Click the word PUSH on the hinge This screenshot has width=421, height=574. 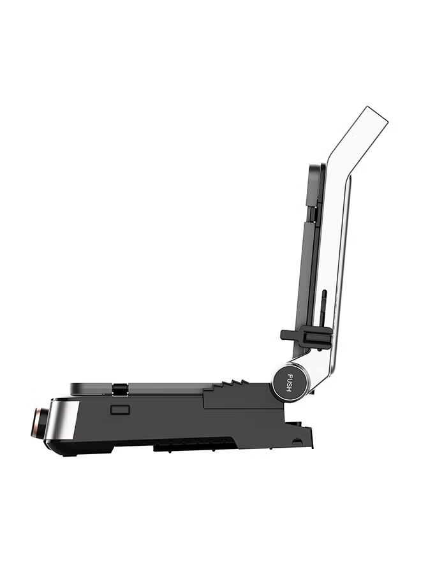[289, 382]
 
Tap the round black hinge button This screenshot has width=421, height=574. [288, 383]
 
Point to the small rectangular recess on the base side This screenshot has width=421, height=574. [120, 409]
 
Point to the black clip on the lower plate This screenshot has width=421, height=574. [120, 389]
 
